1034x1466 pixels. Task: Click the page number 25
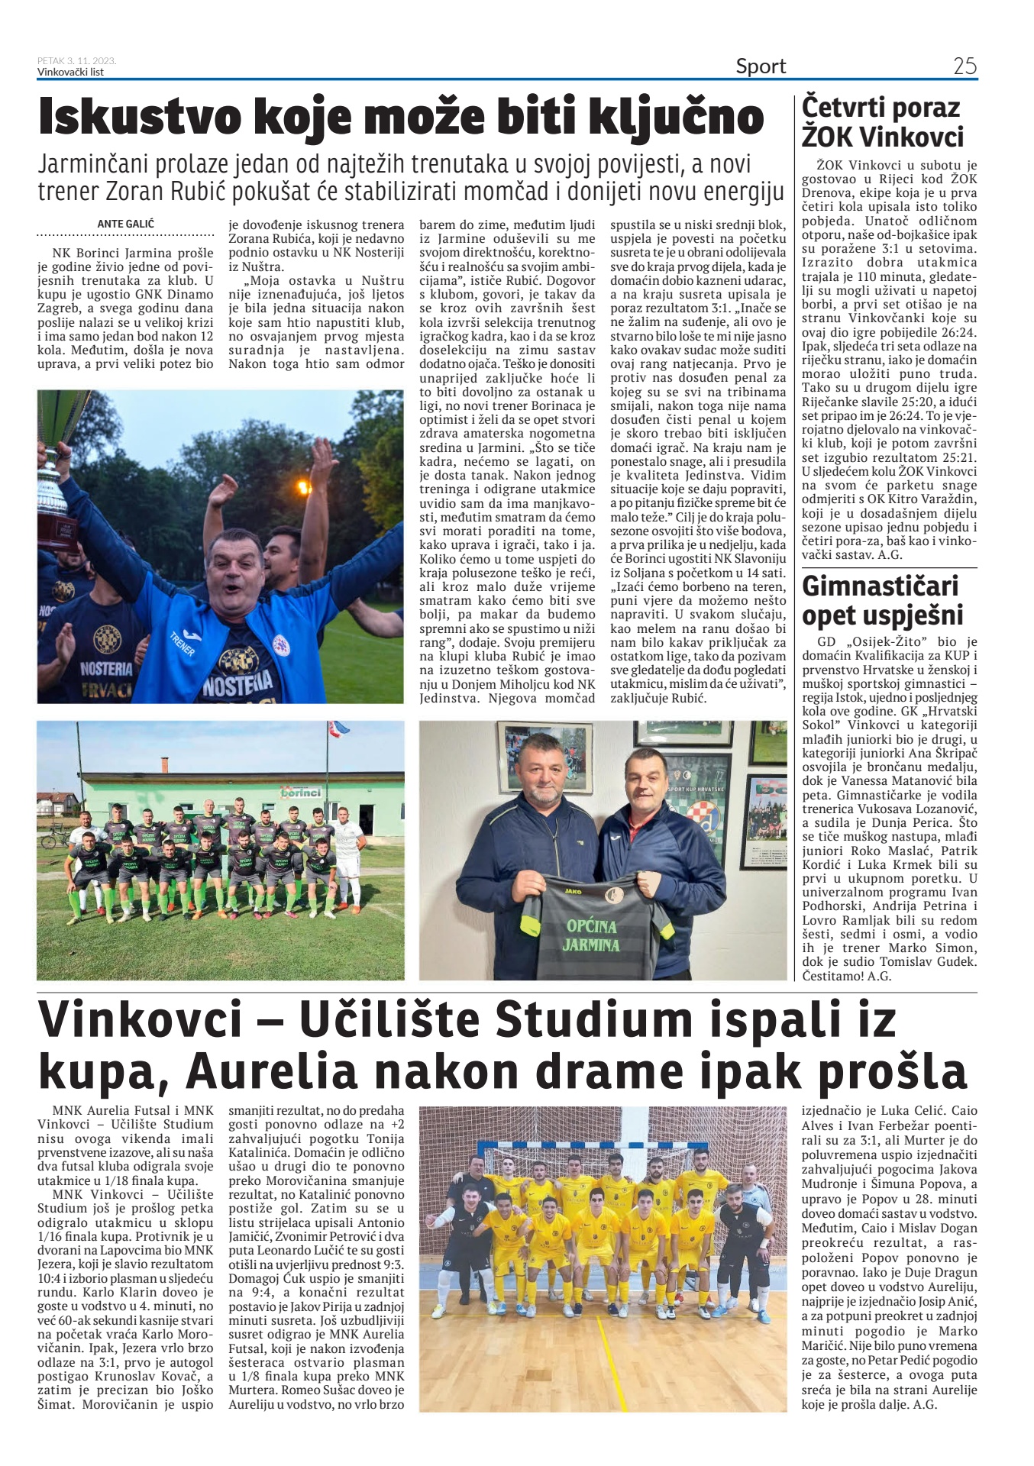[965, 66]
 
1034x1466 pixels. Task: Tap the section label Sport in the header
[761, 66]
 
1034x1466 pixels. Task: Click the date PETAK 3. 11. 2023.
[76, 61]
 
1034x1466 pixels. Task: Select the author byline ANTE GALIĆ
[126, 224]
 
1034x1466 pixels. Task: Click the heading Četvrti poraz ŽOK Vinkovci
[883, 122]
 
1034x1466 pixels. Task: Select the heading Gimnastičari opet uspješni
[883, 601]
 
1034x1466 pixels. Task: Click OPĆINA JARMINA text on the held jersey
[592, 935]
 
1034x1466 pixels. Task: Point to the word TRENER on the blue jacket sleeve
[181, 644]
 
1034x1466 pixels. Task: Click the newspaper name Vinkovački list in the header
[71, 73]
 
